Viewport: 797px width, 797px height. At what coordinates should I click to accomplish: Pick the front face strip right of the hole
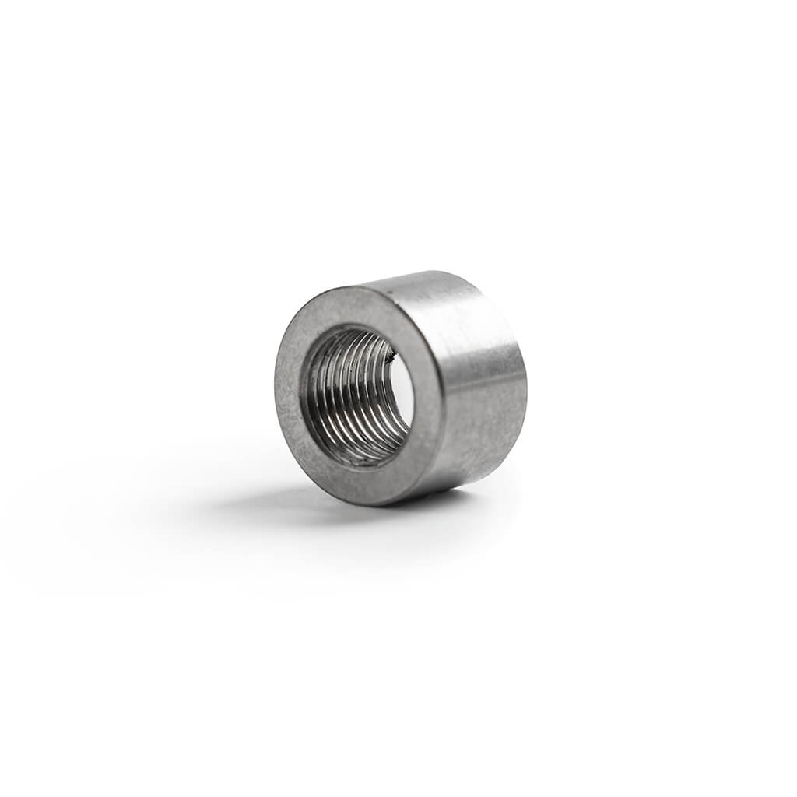[x=427, y=397]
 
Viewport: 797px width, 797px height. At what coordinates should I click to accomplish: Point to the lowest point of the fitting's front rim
[x=366, y=504]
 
